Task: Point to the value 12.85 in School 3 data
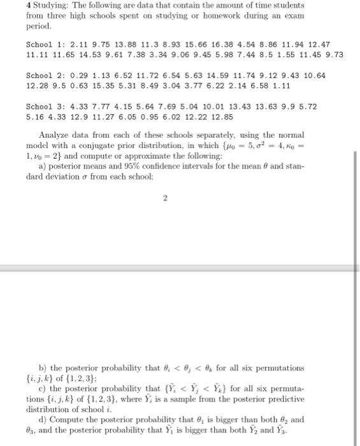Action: [x=222, y=117]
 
